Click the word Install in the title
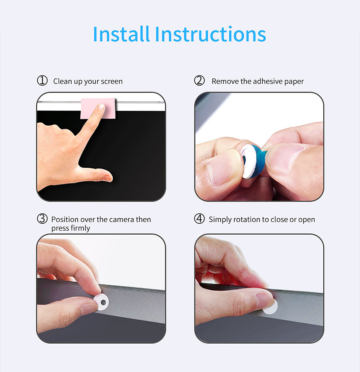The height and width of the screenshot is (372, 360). (121, 34)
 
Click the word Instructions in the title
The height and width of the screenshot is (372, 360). (210, 34)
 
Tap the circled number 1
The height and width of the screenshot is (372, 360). (42, 81)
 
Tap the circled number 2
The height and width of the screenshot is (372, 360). (199, 81)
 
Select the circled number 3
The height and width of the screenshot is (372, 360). (42, 218)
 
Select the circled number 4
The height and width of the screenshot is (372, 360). (199, 218)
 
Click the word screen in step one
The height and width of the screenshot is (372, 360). (112, 82)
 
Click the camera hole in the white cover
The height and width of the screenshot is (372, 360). (103, 303)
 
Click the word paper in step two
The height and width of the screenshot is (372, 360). (294, 82)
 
